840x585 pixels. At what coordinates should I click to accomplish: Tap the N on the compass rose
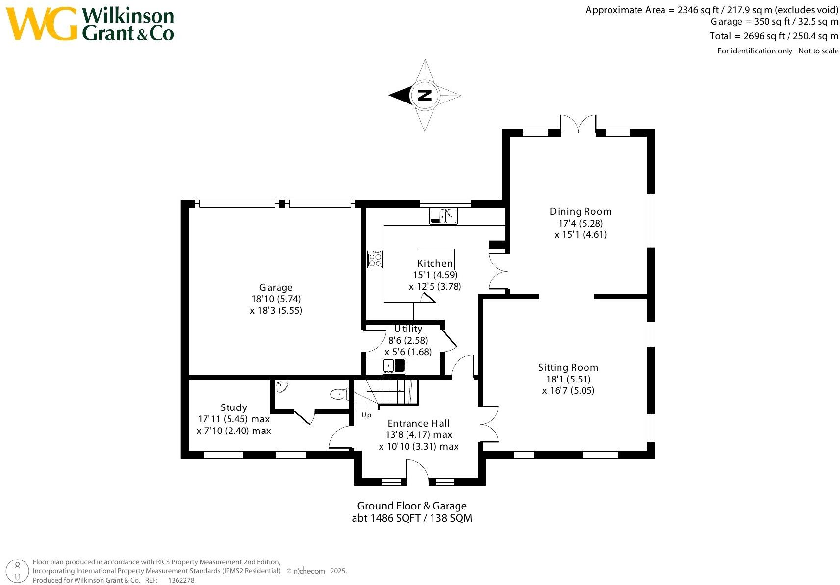pyautogui.click(x=425, y=95)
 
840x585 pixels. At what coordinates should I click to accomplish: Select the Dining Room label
pyautogui.click(x=580, y=212)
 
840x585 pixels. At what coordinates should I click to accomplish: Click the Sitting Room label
pyautogui.click(x=568, y=367)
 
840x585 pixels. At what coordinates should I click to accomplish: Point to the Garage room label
pyautogui.click(x=276, y=288)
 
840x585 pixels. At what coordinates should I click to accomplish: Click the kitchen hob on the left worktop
pyautogui.click(x=375, y=259)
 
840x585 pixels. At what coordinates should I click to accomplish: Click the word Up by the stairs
pyautogui.click(x=366, y=415)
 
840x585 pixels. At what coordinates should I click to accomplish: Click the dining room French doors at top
pyautogui.click(x=579, y=124)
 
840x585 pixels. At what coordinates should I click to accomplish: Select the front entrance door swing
pyautogui.click(x=417, y=471)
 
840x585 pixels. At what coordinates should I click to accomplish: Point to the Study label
pyautogui.click(x=233, y=407)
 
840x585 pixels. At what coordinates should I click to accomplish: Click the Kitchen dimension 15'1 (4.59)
pyautogui.click(x=434, y=275)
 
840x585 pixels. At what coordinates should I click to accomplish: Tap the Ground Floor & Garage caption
pyautogui.click(x=411, y=506)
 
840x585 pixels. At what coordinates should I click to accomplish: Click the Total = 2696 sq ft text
pyautogui.click(x=773, y=36)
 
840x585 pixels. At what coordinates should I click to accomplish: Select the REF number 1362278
pyautogui.click(x=181, y=580)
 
